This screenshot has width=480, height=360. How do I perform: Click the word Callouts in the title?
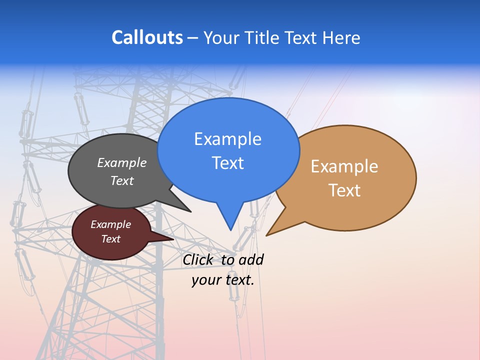click(147, 37)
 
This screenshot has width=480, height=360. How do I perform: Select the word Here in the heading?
click(341, 37)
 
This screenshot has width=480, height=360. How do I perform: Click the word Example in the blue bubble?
click(227, 139)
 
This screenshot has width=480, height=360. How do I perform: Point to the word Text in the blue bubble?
click(227, 163)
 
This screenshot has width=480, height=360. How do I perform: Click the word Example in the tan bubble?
click(344, 166)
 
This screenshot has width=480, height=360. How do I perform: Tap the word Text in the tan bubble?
click(344, 190)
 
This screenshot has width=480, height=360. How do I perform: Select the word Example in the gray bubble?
click(122, 163)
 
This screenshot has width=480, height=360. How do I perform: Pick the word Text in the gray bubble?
click(122, 181)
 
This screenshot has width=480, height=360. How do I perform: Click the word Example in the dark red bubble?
click(111, 224)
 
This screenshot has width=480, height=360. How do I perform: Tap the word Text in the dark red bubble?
click(111, 239)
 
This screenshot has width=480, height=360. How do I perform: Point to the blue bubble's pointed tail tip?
click(230, 229)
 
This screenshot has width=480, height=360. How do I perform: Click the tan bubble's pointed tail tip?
click(267, 234)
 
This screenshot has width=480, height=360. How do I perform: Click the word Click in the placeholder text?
click(197, 259)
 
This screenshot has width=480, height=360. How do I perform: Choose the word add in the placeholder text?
click(251, 259)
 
